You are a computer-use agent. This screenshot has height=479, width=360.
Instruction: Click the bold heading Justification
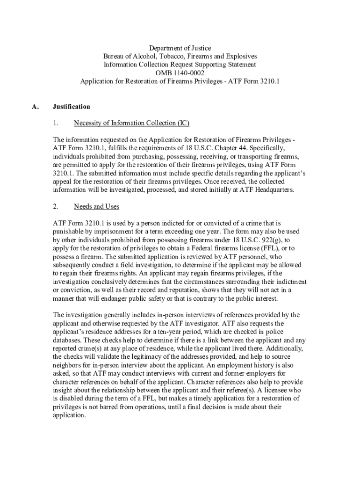[72, 107]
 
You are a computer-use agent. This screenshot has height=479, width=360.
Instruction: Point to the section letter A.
[35, 107]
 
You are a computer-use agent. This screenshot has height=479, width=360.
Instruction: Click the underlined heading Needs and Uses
[97, 206]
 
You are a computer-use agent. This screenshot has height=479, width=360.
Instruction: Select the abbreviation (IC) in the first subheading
[183, 123]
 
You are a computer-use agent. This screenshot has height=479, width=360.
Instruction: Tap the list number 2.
[55, 206]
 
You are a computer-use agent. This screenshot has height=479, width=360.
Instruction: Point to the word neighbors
[68, 365]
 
